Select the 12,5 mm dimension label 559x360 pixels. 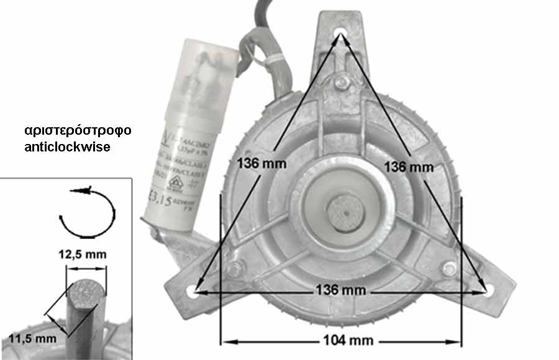pyautogui.click(x=86, y=254)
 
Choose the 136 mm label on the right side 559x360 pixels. pyautogui.click(x=409, y=166)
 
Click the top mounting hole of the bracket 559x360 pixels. pyautogui.click(x=341, y=34)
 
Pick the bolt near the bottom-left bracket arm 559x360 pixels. pyautogui.click(x=234, y=269)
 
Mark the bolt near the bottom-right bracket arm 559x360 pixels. pyautogui.click(x=449, y=269)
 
